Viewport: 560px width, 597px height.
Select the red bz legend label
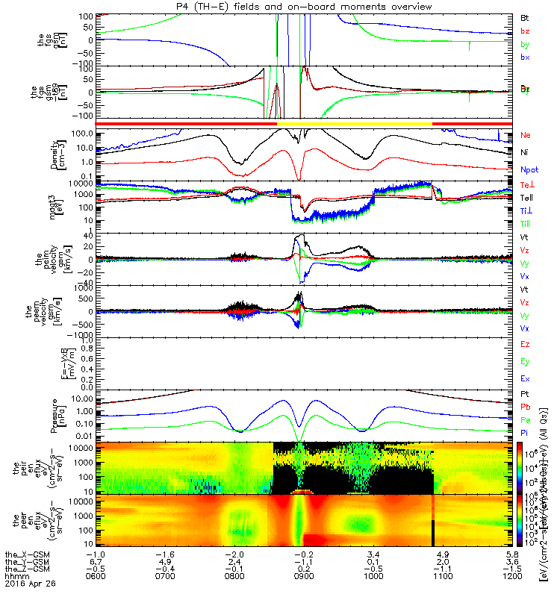(x=526, y=31)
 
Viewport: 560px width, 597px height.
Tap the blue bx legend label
(x=526, y=57)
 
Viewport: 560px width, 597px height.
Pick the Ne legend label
(x=526, y=135)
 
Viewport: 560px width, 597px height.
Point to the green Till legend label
(x=526, y=224)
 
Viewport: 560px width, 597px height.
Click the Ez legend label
(x=526, y=344)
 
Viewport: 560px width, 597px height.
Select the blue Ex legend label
(x=526, y=379)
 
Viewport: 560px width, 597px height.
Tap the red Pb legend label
(x=526, y=407)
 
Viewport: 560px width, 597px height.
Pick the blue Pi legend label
(x=525, y=433)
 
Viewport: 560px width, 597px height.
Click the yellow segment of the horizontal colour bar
(x=355, y=123)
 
